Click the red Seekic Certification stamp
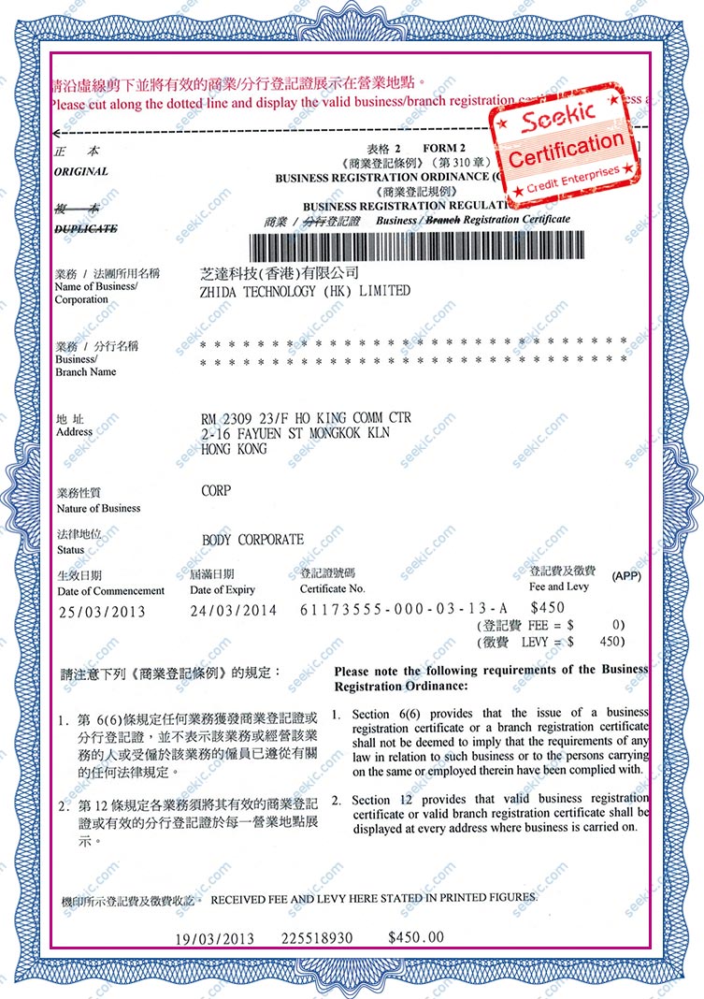tap(566, 143)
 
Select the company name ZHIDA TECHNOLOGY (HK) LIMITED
tap(305, 291)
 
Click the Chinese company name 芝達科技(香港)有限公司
tap(280, 273)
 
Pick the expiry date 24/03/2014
tap(233, 610)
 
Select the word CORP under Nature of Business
tap(216, 490)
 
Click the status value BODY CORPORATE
tap(252, 540)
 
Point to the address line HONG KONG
tap(234, 449)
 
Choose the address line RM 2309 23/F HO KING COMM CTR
tap(306, 418)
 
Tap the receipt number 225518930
tap(316, 936)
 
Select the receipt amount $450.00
tap(416, 936)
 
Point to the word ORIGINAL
tap(81, 172)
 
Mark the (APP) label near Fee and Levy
tap(626, 576)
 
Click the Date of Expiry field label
tap(223, 590)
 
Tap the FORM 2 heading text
tap(444, 148)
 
